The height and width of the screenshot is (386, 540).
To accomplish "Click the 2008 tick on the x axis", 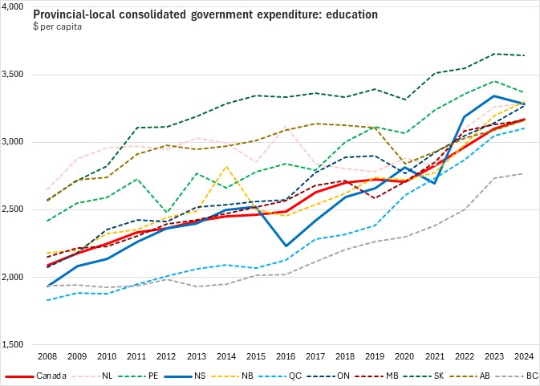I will point(47,356).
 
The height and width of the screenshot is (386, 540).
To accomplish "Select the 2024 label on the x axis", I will point(525,356).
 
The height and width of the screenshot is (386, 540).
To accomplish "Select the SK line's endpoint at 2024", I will point(525,55).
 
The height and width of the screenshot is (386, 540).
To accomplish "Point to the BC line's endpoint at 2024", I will point(525,173).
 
